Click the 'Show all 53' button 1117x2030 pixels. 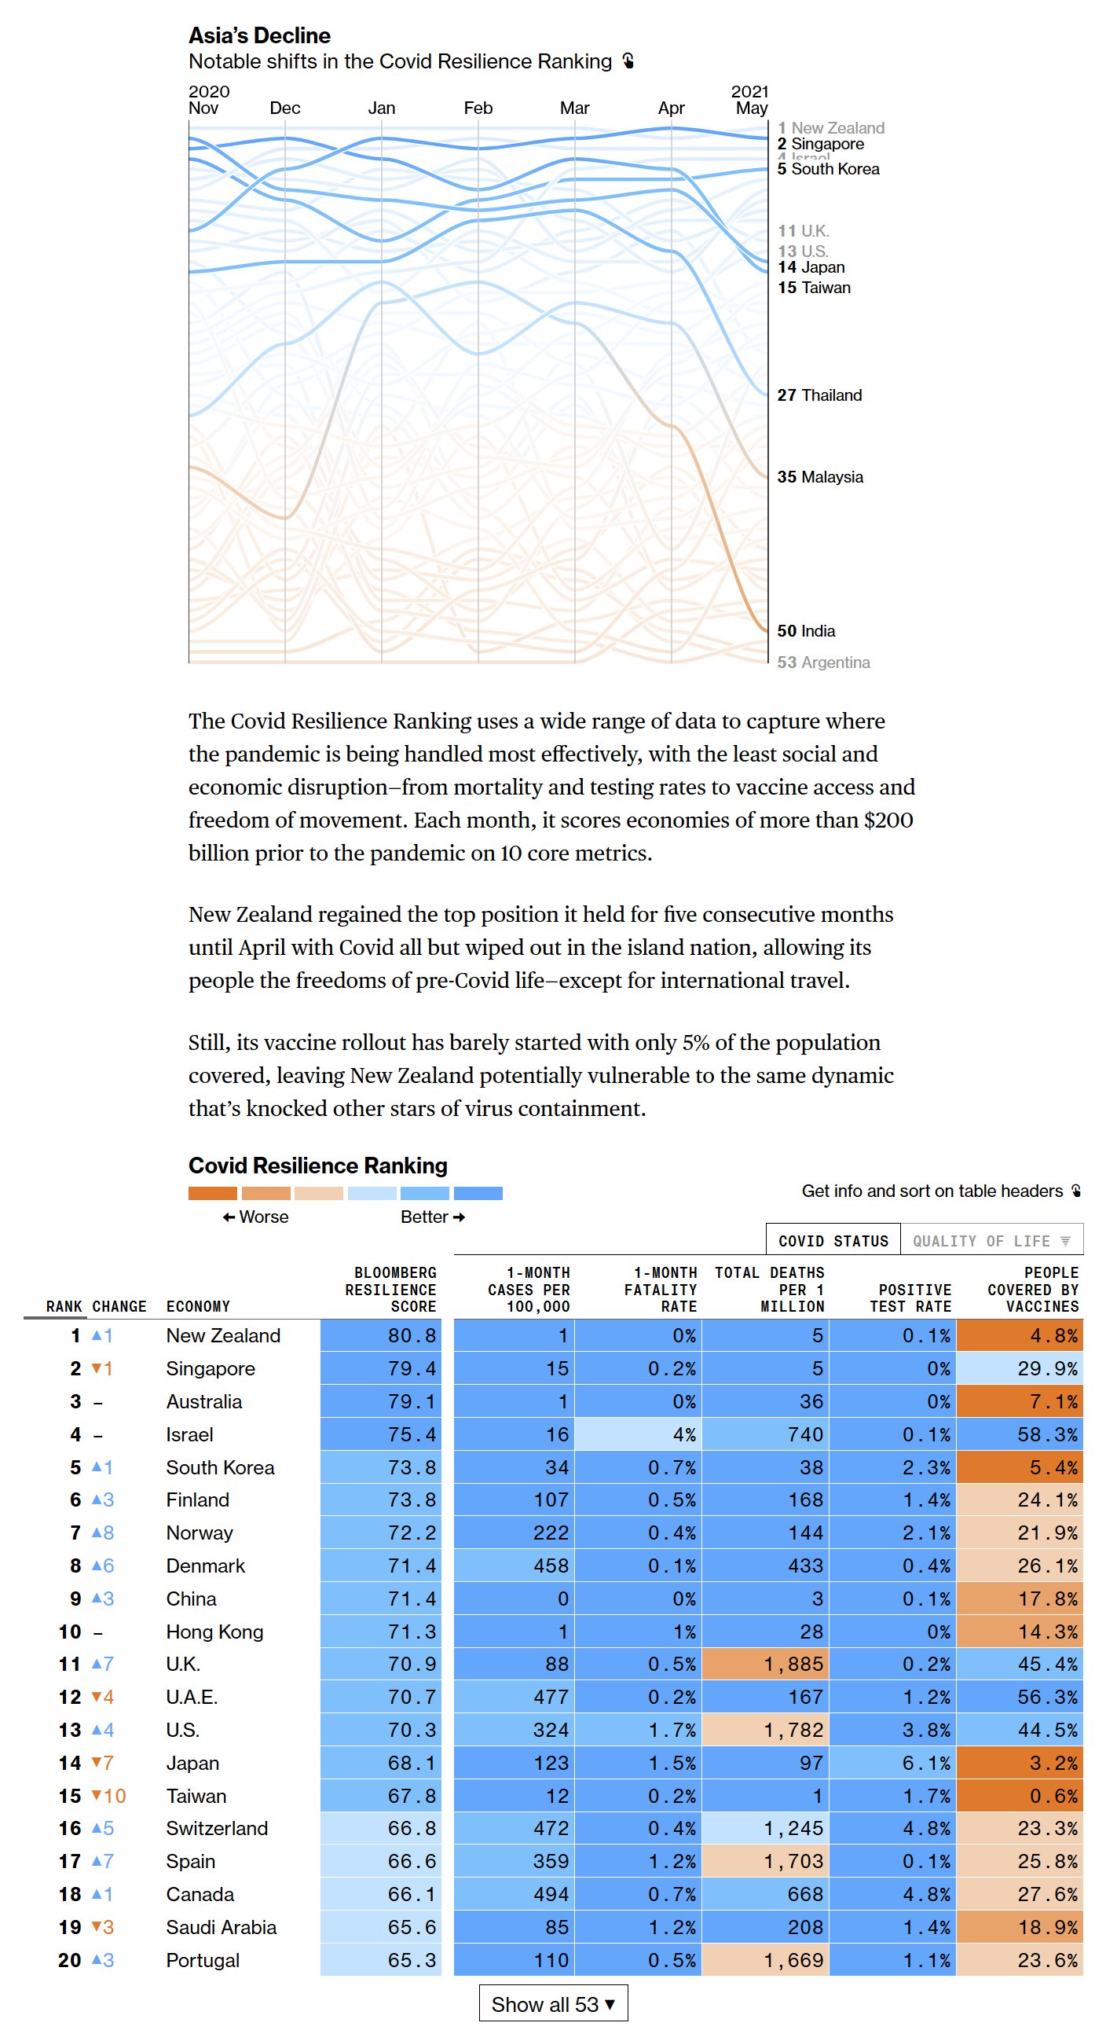click(552, 2003)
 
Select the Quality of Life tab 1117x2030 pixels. click(991, 1240)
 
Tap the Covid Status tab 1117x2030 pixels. click(833, 1240)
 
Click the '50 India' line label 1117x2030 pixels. click(806, 630)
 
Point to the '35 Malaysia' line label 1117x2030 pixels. click(819, 477)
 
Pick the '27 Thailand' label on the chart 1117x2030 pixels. click(819, 395)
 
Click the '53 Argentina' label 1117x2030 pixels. click(823, 662)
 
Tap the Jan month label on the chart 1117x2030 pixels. click(381, 108)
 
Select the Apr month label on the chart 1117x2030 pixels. click(671, 108)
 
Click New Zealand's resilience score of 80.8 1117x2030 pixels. click(411, 1335)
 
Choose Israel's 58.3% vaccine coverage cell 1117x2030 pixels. click(1047, 1434)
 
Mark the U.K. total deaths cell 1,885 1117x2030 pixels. click(793, 1664)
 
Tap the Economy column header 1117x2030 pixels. click(198, 1306)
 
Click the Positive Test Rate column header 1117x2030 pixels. click(910, 1297)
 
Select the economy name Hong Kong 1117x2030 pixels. click(214, 1632)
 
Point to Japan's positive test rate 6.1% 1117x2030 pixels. click(926, 1762)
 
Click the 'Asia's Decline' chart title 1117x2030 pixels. click(259, 35)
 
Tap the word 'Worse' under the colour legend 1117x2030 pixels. click(263, 1217)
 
